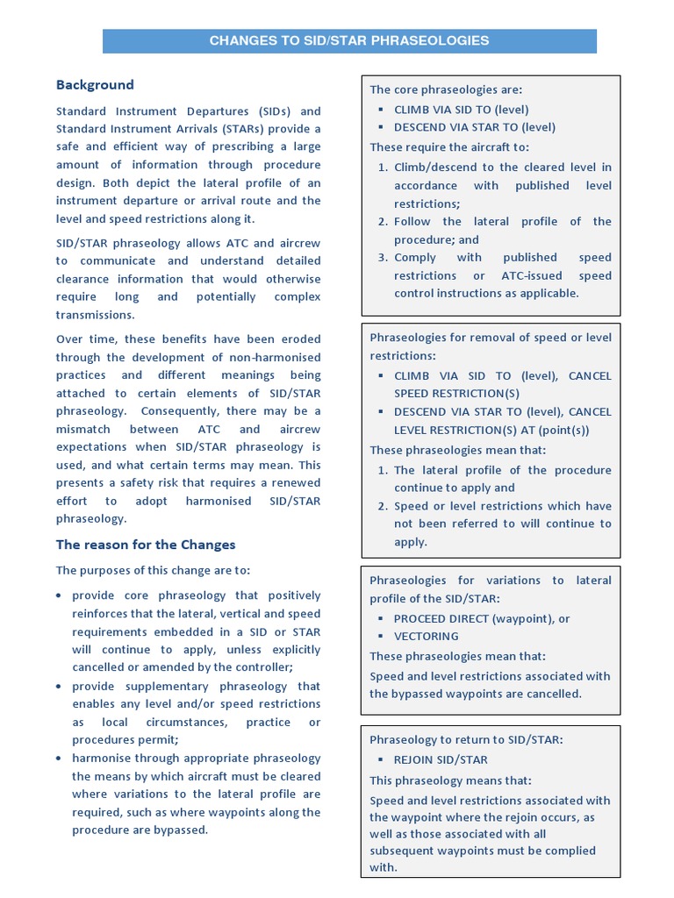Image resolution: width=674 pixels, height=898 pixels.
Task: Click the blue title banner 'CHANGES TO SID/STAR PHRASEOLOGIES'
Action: [x=349, y=41]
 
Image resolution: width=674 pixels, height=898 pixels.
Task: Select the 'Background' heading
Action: [x=95, y=85]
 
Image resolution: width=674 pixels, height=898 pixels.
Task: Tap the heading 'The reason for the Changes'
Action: [x=146, y=545]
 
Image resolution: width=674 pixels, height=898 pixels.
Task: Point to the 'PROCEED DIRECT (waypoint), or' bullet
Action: [x=482, y=618]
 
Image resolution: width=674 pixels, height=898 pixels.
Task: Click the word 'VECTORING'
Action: [x=427, y=637]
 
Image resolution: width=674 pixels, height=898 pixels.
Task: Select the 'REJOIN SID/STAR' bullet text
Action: [x=441, y=760]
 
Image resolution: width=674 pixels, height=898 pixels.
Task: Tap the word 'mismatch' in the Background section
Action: [x=86, y=430]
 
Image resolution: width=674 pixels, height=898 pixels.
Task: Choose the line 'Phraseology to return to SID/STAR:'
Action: [x=466, y=740]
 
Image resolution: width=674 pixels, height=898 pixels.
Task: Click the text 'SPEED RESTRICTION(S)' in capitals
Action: [x=456, y=394]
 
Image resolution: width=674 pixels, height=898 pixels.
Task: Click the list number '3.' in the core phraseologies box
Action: [x=383, y=258]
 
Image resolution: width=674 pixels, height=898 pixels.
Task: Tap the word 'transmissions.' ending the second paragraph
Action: [x=97, y=316]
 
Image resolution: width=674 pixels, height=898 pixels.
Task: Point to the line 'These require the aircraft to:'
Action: [x=449, y=147]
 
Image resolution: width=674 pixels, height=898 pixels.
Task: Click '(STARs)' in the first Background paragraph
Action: [x=242, y=130]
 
